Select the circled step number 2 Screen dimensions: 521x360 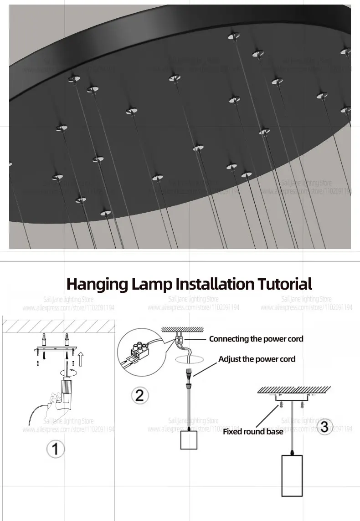[139, 394]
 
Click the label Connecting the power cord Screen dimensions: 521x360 [256, 338]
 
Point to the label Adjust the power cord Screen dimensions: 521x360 [257, 359]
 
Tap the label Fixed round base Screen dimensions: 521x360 [253, 431]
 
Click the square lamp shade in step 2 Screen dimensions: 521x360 [189, 440]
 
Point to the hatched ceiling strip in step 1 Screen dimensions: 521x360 [58, 326]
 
